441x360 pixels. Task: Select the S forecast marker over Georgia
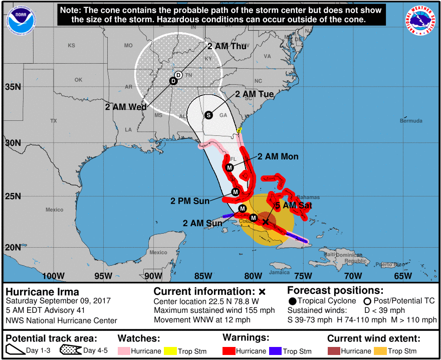pos(208,115)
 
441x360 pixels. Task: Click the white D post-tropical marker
pos(178,75)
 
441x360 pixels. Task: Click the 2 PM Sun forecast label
pos(190,201)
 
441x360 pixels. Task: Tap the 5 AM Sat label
pos(294,206)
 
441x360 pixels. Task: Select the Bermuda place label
pos(411,121)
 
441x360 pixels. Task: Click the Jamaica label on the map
pos(279,273)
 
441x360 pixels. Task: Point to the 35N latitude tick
pos(13,87)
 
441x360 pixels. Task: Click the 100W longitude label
pos(53,276)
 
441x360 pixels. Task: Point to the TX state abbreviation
pos(54,121)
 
